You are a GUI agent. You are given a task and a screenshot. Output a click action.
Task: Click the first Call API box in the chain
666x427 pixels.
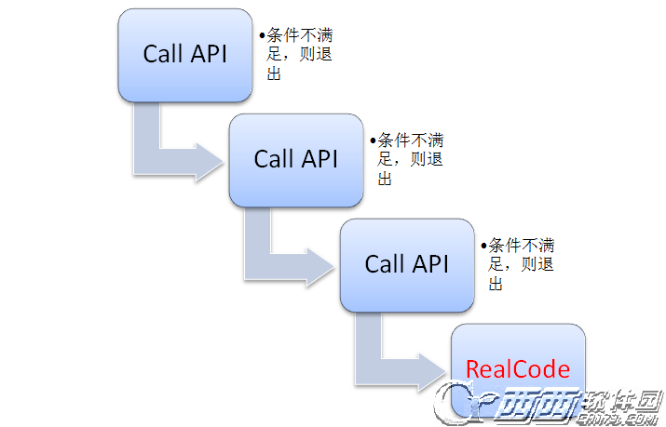coord(184,55)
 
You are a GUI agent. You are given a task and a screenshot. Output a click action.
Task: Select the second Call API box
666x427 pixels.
coord(295,159)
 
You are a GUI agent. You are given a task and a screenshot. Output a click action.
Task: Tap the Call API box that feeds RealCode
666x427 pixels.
coord(406,264)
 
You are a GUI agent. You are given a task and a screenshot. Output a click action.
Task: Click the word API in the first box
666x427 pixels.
coord(209,54)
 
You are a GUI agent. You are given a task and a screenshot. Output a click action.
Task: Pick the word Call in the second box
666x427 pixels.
coord(274,159)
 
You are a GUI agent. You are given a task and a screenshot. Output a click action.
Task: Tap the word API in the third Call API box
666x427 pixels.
coord(430,264)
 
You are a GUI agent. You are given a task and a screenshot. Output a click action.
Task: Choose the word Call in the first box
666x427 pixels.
coord(162,54)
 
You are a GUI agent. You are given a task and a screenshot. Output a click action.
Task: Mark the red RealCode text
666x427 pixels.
coord(517,369)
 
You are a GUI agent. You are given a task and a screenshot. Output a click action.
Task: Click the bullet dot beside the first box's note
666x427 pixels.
coord(262,35)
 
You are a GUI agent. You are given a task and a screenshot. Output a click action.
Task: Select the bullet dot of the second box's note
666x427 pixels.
coord(373,140)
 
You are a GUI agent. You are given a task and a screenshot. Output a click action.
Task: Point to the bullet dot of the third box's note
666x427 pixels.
coord(483,245)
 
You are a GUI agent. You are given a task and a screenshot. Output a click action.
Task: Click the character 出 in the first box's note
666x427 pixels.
coord(275,73)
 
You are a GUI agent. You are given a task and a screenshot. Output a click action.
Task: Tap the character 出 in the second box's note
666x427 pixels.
coord(386,178)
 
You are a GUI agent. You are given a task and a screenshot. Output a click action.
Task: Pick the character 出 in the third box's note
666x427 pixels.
coord(496,283)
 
